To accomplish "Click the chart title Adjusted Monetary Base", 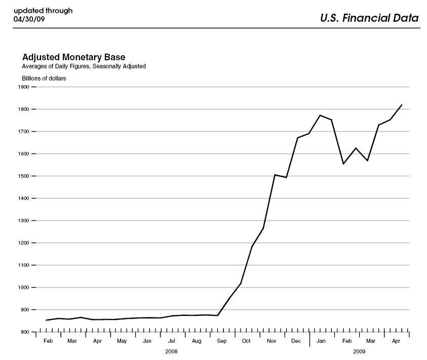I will [x=73, y=57].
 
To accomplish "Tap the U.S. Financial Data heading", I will [x=369, y=18].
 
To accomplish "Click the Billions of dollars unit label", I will [x=44, y=78].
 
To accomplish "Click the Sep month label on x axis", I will [x=221, y=341].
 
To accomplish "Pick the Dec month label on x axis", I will [x=296, y=341].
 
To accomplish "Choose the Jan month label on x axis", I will [x=321, y=341].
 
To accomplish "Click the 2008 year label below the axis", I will [x=172, y=351].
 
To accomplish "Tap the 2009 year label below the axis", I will [x=359, y=351].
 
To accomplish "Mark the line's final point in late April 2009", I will [x=402, y=105].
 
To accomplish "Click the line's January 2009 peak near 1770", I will [x=320, y=115].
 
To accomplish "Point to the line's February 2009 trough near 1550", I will [x=343, y=164].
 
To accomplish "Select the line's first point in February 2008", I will [x=46, y=320].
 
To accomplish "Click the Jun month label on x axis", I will [x=147, y=341].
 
